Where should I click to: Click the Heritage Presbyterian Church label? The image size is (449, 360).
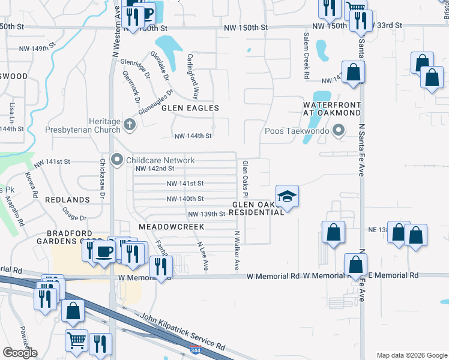83,125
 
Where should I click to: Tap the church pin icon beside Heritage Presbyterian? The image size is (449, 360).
130,125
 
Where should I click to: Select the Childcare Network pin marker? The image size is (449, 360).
116,160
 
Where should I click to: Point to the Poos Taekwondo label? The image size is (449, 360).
298,131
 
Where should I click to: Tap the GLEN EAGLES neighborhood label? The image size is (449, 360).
190,108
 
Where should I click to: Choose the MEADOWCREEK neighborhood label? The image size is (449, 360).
172,227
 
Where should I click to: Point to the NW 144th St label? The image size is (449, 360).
193,136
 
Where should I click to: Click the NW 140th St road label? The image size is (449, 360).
185,199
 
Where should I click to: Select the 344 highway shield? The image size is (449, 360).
194,350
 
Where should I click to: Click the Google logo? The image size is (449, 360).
20,353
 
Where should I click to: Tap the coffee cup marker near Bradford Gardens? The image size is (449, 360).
104,251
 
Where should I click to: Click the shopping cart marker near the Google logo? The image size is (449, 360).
77,340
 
